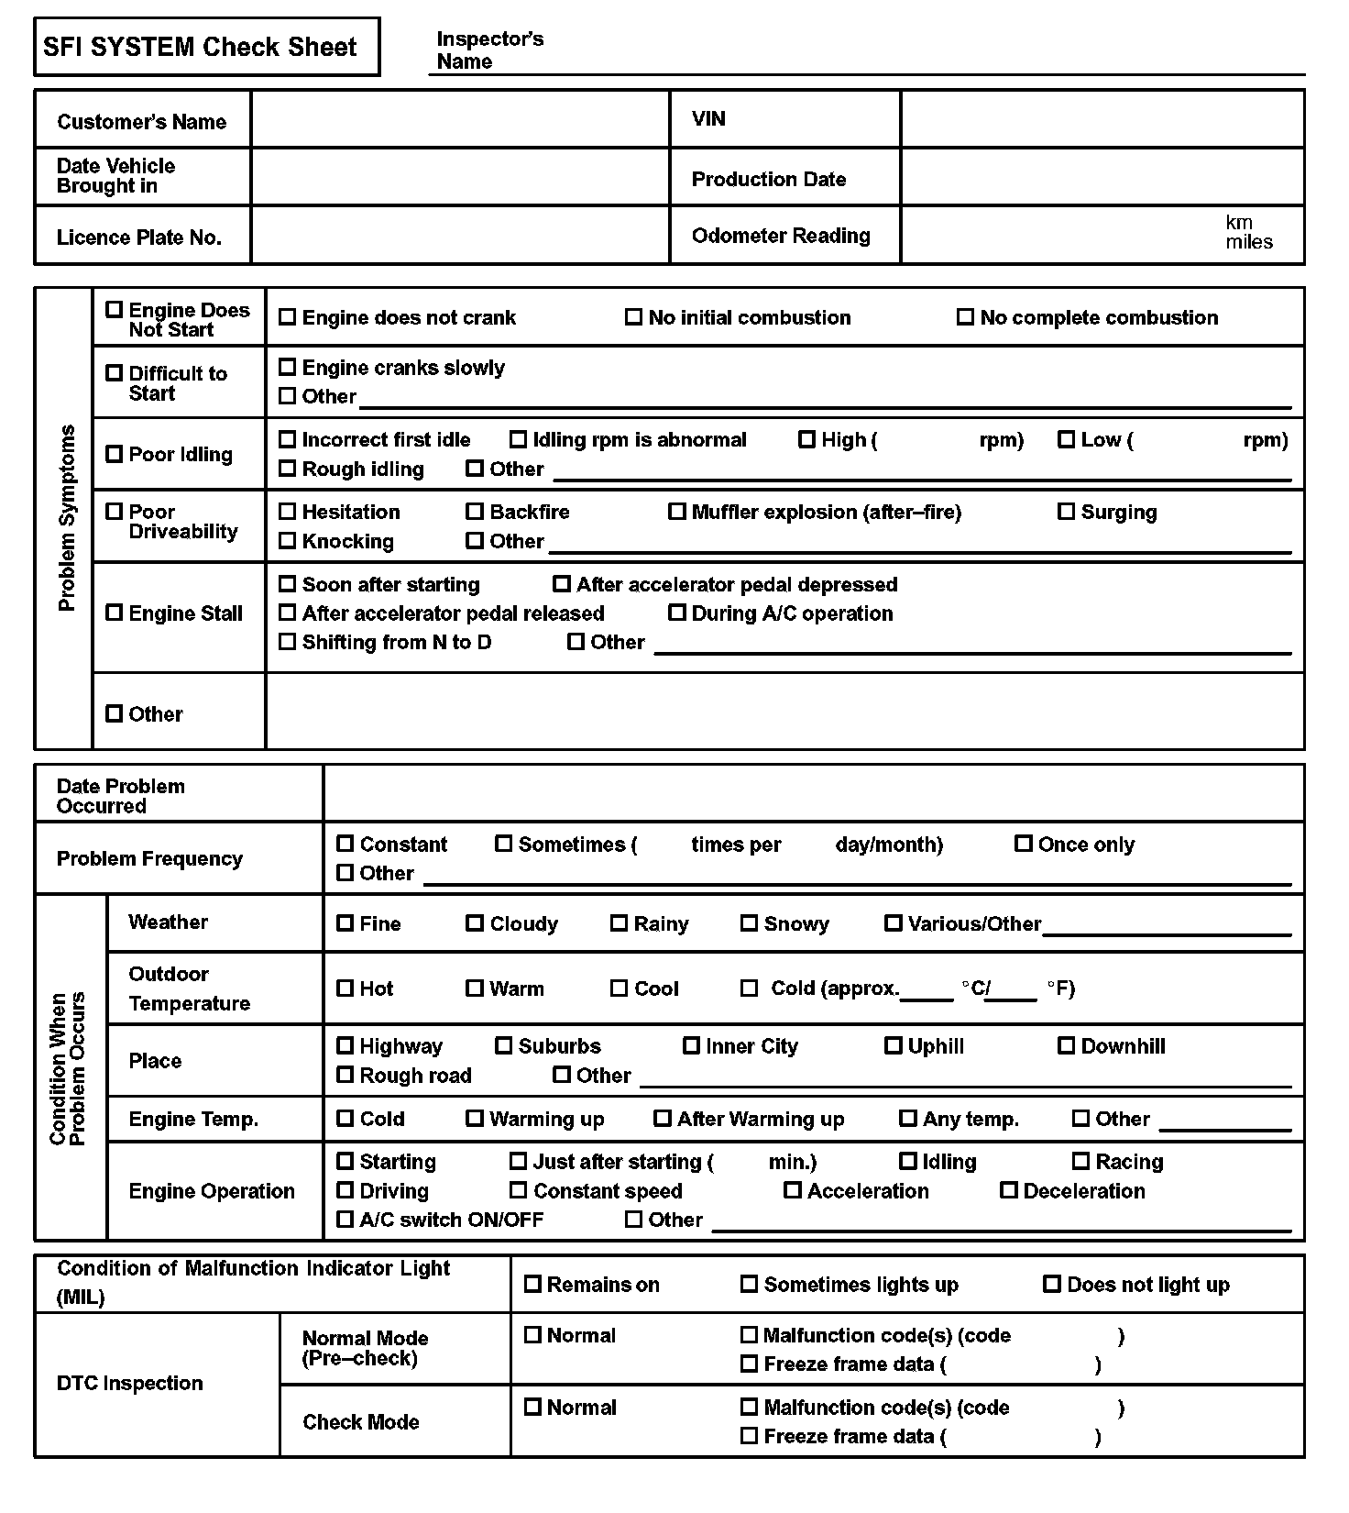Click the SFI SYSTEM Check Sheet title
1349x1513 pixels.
[x=200, y=47]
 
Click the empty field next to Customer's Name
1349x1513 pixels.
[x=460, y=119]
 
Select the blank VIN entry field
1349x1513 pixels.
[x=1102, y=119]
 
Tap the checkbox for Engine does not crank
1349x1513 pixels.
[x=287, y=316]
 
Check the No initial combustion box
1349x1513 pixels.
[x=633, y=316]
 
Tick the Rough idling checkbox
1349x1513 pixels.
[x=287, y=469]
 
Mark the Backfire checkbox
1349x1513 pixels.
[x=475, y=511]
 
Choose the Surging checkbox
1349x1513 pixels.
[x=1066, y=511]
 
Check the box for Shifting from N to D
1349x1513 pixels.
[x=287, y=642]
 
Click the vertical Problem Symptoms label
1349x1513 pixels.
[x=66, y=518]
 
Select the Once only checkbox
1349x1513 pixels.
[x=1023, y=844]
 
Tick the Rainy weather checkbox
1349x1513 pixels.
[x=619, y=922]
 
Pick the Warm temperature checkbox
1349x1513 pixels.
[x=475, y=988]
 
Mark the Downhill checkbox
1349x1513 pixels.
[x=1066, y=1045]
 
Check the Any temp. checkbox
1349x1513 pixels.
[x=907, y=1118]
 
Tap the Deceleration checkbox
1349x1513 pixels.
[x=1008, y=1190]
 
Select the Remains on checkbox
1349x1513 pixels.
[x=532, y=1284]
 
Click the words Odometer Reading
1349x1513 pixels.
[x=781, y=236]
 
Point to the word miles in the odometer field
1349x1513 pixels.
[x=1249, y=243]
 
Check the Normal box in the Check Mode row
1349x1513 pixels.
[x=532, y=1407]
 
